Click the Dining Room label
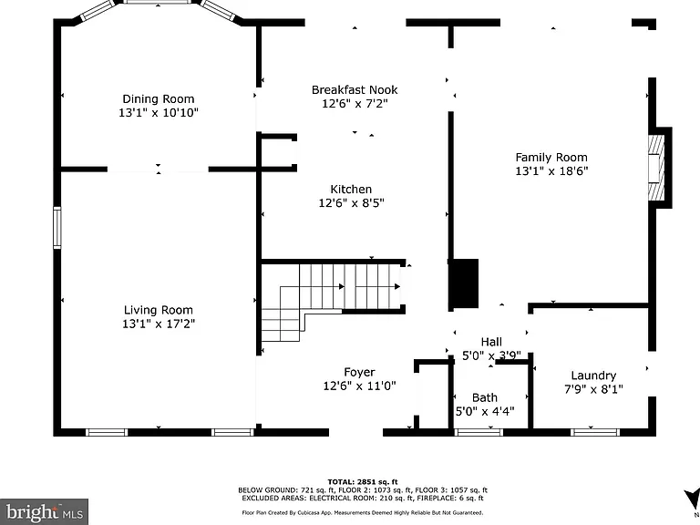[159, 98]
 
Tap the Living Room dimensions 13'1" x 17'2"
[159, 324]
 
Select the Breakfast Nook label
[355, 89]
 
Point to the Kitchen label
[351, 190]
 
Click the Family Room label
[551, 157]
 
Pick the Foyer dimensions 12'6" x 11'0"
[359, 386]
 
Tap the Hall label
[491, 342]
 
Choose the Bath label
[485, 397]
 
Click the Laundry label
[593, 376]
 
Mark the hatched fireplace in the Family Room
[656, 168]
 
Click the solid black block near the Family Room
[464, 283]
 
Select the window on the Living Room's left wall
[57, 228]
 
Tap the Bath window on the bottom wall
[479, 432]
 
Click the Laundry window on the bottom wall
[595, 432]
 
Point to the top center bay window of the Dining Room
[158, 2]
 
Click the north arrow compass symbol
[692, 498]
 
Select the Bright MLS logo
[44, 511]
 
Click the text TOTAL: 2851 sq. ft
[363, 481]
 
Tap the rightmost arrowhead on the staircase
[396, 286]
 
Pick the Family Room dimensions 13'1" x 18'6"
[551, 171]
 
